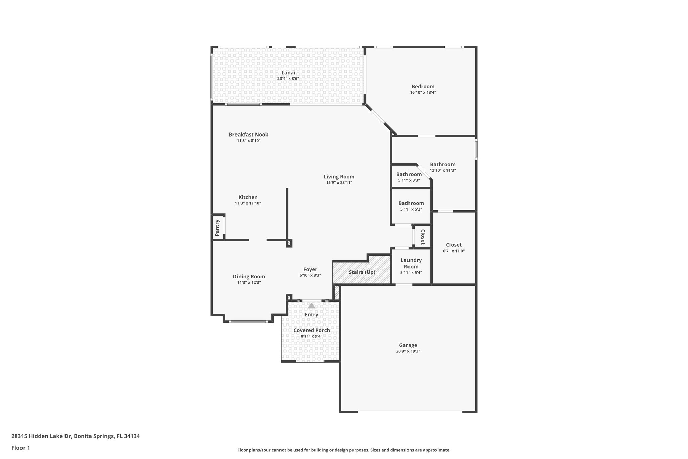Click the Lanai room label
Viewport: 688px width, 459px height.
point(288,73)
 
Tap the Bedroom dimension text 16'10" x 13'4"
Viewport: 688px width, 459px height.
point(423,92)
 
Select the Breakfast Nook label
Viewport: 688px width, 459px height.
point(248,135)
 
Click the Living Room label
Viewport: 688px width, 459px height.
point(339,177)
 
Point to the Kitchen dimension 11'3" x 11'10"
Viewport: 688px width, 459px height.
point(248,203)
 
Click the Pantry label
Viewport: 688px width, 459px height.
point(217,228)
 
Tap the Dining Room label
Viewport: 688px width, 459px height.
point(249,277)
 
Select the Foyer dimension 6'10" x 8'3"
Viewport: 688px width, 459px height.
point(310,275)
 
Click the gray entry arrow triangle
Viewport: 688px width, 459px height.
point(311,306)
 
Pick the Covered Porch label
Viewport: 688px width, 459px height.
point(311,330)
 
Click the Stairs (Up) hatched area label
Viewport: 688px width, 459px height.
point(362,272)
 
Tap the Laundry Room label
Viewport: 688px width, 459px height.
point(411,263)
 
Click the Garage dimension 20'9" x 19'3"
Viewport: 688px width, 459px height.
point(408,351)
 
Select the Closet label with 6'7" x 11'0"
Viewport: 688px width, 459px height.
point(454,245)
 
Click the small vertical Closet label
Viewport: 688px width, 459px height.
point(423,237)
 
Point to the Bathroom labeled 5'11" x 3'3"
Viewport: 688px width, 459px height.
point(408,174)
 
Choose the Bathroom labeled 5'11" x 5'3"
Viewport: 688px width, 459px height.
point(411,203)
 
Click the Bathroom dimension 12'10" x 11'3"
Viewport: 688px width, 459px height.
point(442,170)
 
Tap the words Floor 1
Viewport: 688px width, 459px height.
point(20,448)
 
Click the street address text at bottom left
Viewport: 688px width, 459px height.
point(76,436)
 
